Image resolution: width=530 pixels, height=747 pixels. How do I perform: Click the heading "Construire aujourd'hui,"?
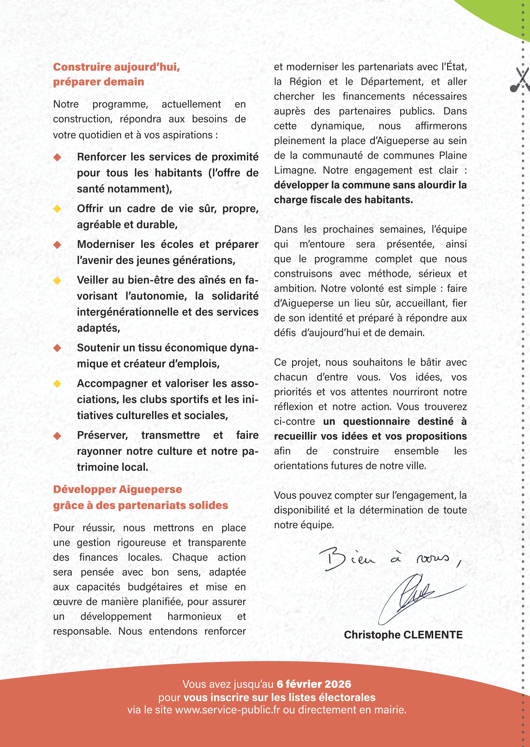tap(117, 67)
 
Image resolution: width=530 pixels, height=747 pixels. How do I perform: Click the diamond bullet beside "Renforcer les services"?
tap(58, 157)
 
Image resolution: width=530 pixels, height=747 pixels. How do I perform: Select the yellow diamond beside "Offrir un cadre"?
tap(58, 209)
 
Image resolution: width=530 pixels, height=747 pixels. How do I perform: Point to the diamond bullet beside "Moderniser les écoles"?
tap(58, 244)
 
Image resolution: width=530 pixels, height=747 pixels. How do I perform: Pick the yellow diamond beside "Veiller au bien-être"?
tap(58, 280)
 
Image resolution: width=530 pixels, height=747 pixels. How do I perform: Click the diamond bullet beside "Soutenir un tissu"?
tap(58, 348)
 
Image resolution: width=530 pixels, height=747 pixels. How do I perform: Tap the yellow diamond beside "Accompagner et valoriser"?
tap(58, 384)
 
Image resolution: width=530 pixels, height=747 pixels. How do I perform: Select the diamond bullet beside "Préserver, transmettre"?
tap(58, 436)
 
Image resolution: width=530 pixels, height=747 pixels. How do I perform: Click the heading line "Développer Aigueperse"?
tap(117, 489)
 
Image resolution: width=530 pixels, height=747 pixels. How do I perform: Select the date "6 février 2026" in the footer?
tap(314, 684)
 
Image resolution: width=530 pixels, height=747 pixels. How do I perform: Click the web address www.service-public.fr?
tap(227, 709)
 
